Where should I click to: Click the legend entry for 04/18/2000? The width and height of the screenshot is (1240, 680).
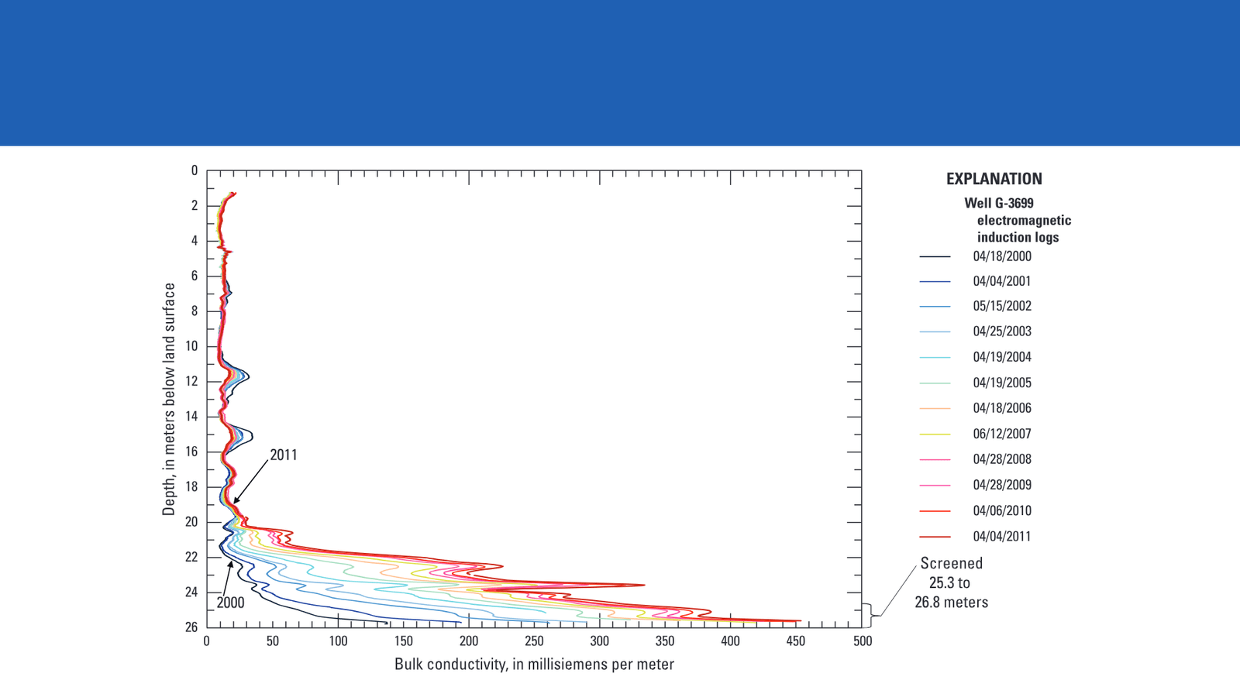coord(1002,256)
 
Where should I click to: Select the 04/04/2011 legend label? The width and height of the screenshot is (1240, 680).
coord(1002,536)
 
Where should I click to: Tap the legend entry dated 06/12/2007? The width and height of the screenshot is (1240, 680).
coord(1002,434)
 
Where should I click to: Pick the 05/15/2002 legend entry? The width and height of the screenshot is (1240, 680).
coord(1002,306)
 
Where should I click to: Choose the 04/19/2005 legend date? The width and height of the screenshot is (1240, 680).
coord(1002,383)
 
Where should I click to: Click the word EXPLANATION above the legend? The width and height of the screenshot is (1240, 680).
coord(994,179)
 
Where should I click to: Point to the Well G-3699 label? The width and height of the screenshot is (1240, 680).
coord(999,203)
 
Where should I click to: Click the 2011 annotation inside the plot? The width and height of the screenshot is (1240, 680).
coord(284,455)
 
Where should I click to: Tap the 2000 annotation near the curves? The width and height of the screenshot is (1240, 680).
coord(230,603)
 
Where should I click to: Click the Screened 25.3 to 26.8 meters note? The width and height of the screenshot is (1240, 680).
coord(951,582)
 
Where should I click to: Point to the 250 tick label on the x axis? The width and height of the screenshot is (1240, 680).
coord(534,641)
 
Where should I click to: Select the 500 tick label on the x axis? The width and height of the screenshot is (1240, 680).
coord(862,641)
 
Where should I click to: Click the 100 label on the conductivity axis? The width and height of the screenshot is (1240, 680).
coord(338,641)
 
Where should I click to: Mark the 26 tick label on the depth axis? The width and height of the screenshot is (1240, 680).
coord(191,627)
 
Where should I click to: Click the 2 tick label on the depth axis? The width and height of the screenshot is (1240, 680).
coord(195,206)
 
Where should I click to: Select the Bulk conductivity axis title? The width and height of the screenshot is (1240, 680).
coord(534,665)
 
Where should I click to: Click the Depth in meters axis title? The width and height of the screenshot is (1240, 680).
coord(169,399)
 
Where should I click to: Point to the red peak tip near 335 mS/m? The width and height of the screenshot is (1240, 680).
coord(645,585)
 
